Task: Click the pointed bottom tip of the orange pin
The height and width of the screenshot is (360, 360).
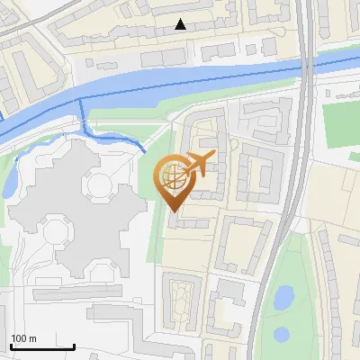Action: coord(174,212)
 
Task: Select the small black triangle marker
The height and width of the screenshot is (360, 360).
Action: coord(181,24)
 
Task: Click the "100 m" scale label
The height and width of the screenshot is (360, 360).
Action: coord(24,338)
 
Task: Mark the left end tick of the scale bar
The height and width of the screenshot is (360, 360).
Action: coord(11,344)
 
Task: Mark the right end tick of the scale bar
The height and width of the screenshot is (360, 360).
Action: coord(75,344)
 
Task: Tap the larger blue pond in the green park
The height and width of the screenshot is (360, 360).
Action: coord(283,295)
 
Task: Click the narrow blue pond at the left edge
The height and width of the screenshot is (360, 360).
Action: coord(9,179)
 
